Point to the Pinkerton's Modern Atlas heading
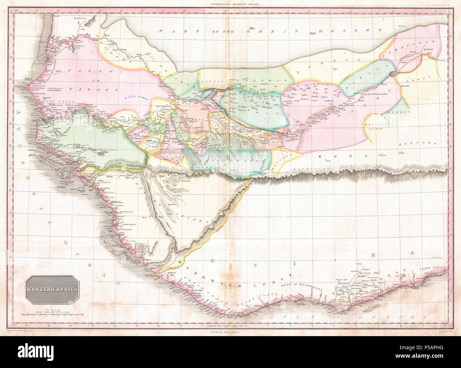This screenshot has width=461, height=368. pyautogui.click(x=231, y=3)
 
